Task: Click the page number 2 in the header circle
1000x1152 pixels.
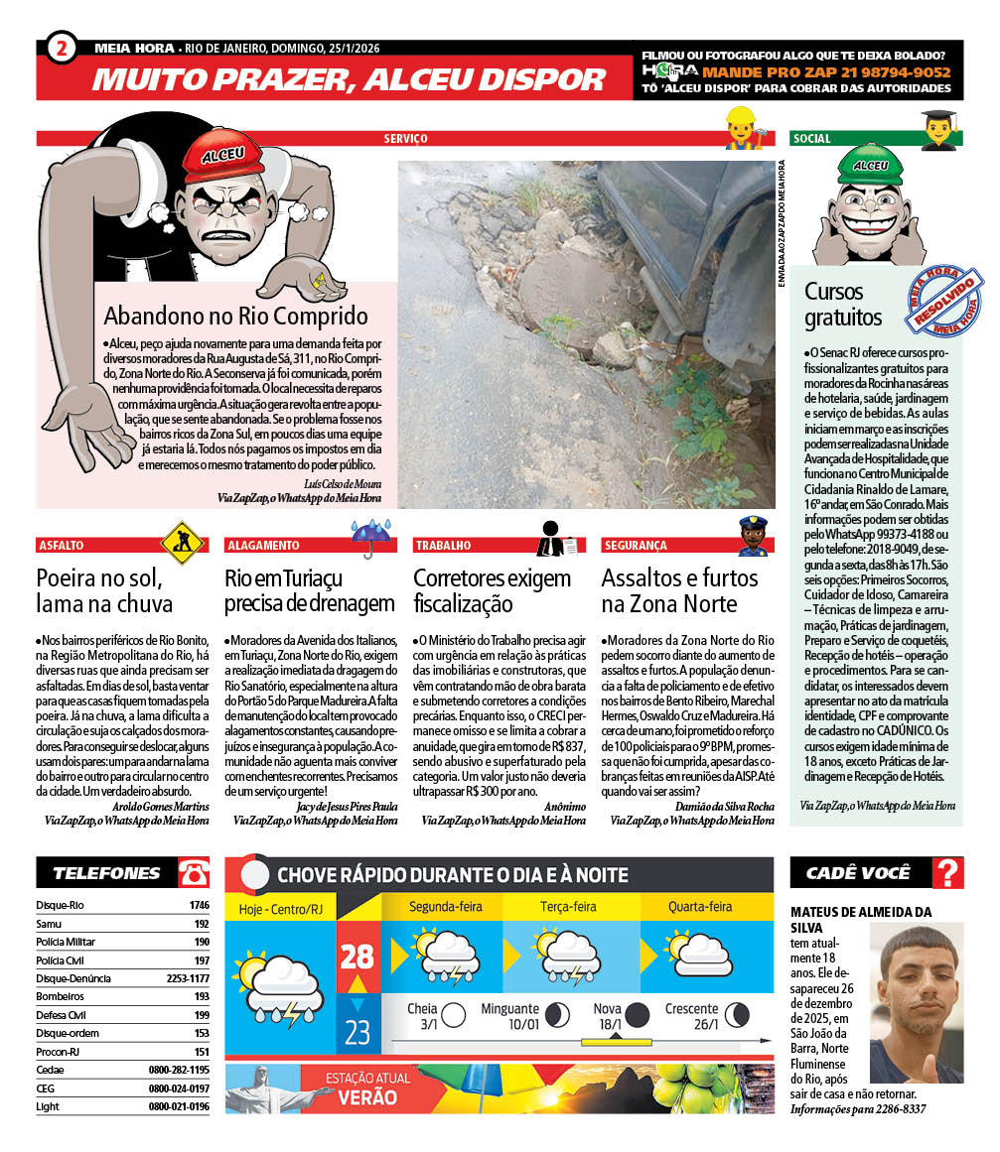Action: [62, 48]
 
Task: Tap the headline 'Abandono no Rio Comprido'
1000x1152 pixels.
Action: [236, 317]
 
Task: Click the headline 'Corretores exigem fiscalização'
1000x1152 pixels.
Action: [492, 590]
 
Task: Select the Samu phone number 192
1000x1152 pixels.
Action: [202, 924]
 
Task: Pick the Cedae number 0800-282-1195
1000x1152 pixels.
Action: [179, 1070]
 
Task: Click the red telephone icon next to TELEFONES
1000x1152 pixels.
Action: [193, 873]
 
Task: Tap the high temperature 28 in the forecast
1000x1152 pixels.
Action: [357, 957]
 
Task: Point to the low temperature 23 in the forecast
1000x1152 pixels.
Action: [357, 1032]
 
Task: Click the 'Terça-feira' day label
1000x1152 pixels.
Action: [568, 907]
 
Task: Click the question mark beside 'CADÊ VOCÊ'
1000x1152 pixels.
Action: [948, 873]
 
